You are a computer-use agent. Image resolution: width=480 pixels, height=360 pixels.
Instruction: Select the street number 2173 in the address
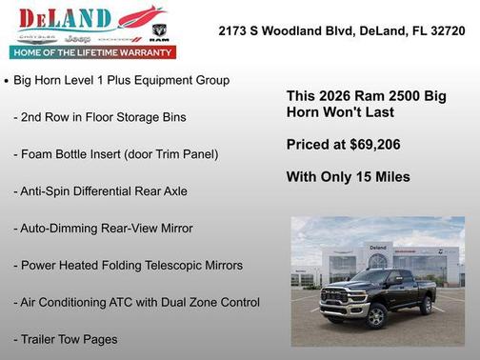pyautogui.click(x=234, y=30)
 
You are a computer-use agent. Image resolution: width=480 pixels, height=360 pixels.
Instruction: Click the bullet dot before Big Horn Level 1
pyautogui.click(x=8, y=82)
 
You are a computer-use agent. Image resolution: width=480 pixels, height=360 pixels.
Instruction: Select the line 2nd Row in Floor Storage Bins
pyautogui.click(x=99, y=117)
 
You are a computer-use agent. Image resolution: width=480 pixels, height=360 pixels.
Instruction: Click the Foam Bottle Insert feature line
pyautogui.click(x=115, y=153)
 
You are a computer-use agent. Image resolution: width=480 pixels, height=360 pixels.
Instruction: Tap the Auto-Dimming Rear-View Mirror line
pyautogui.click(x=103, y=228)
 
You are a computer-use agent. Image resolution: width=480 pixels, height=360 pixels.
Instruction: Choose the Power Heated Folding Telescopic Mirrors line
pyautogui.click(x=128, y=265)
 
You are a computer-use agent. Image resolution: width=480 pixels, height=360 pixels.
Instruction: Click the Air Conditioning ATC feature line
pyautogui.click(x=135, y=302)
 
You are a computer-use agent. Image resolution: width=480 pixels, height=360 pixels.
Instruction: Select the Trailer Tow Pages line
pyautogui.click(x=65, y=338)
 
